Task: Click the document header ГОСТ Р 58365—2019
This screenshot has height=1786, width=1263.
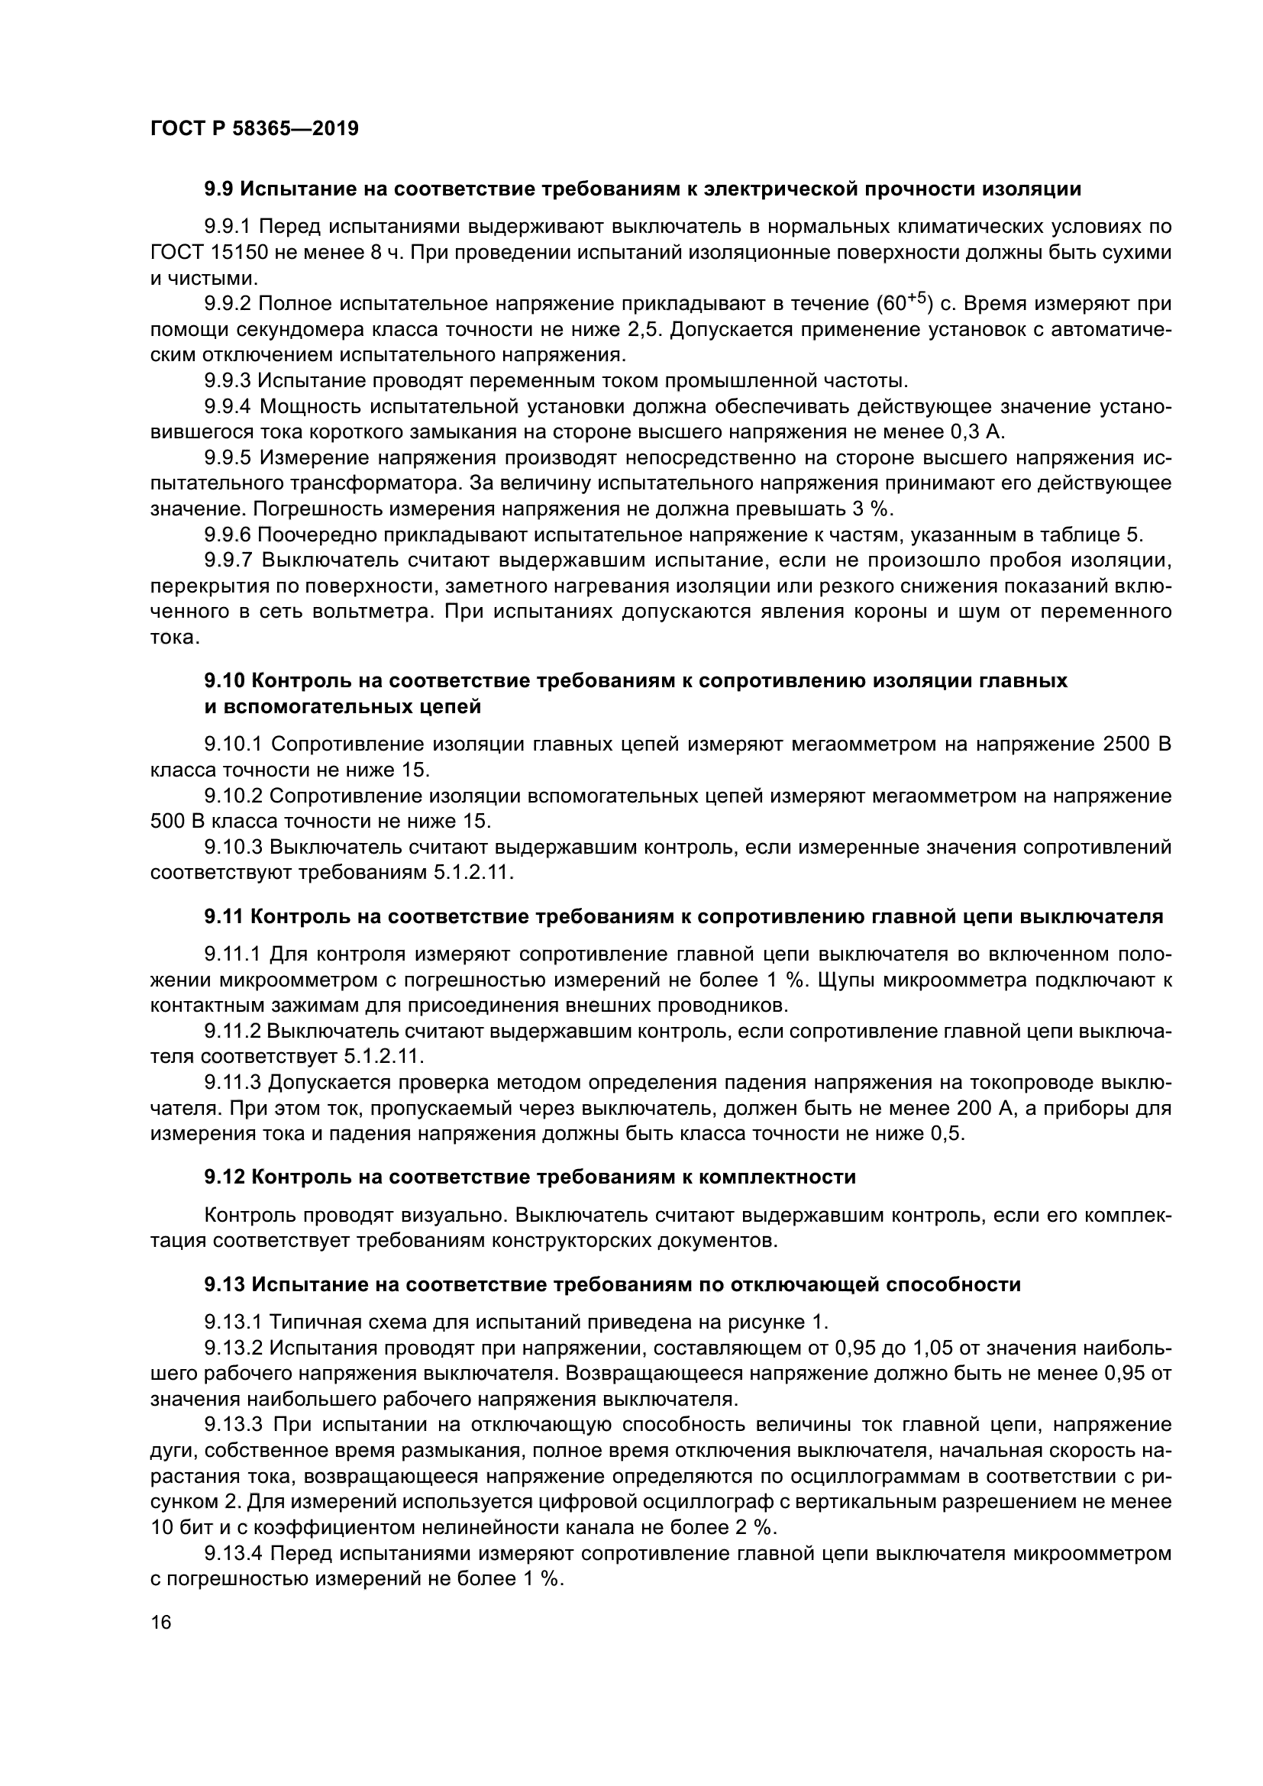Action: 254,129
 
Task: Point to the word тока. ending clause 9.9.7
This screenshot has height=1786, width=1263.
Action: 175,637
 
